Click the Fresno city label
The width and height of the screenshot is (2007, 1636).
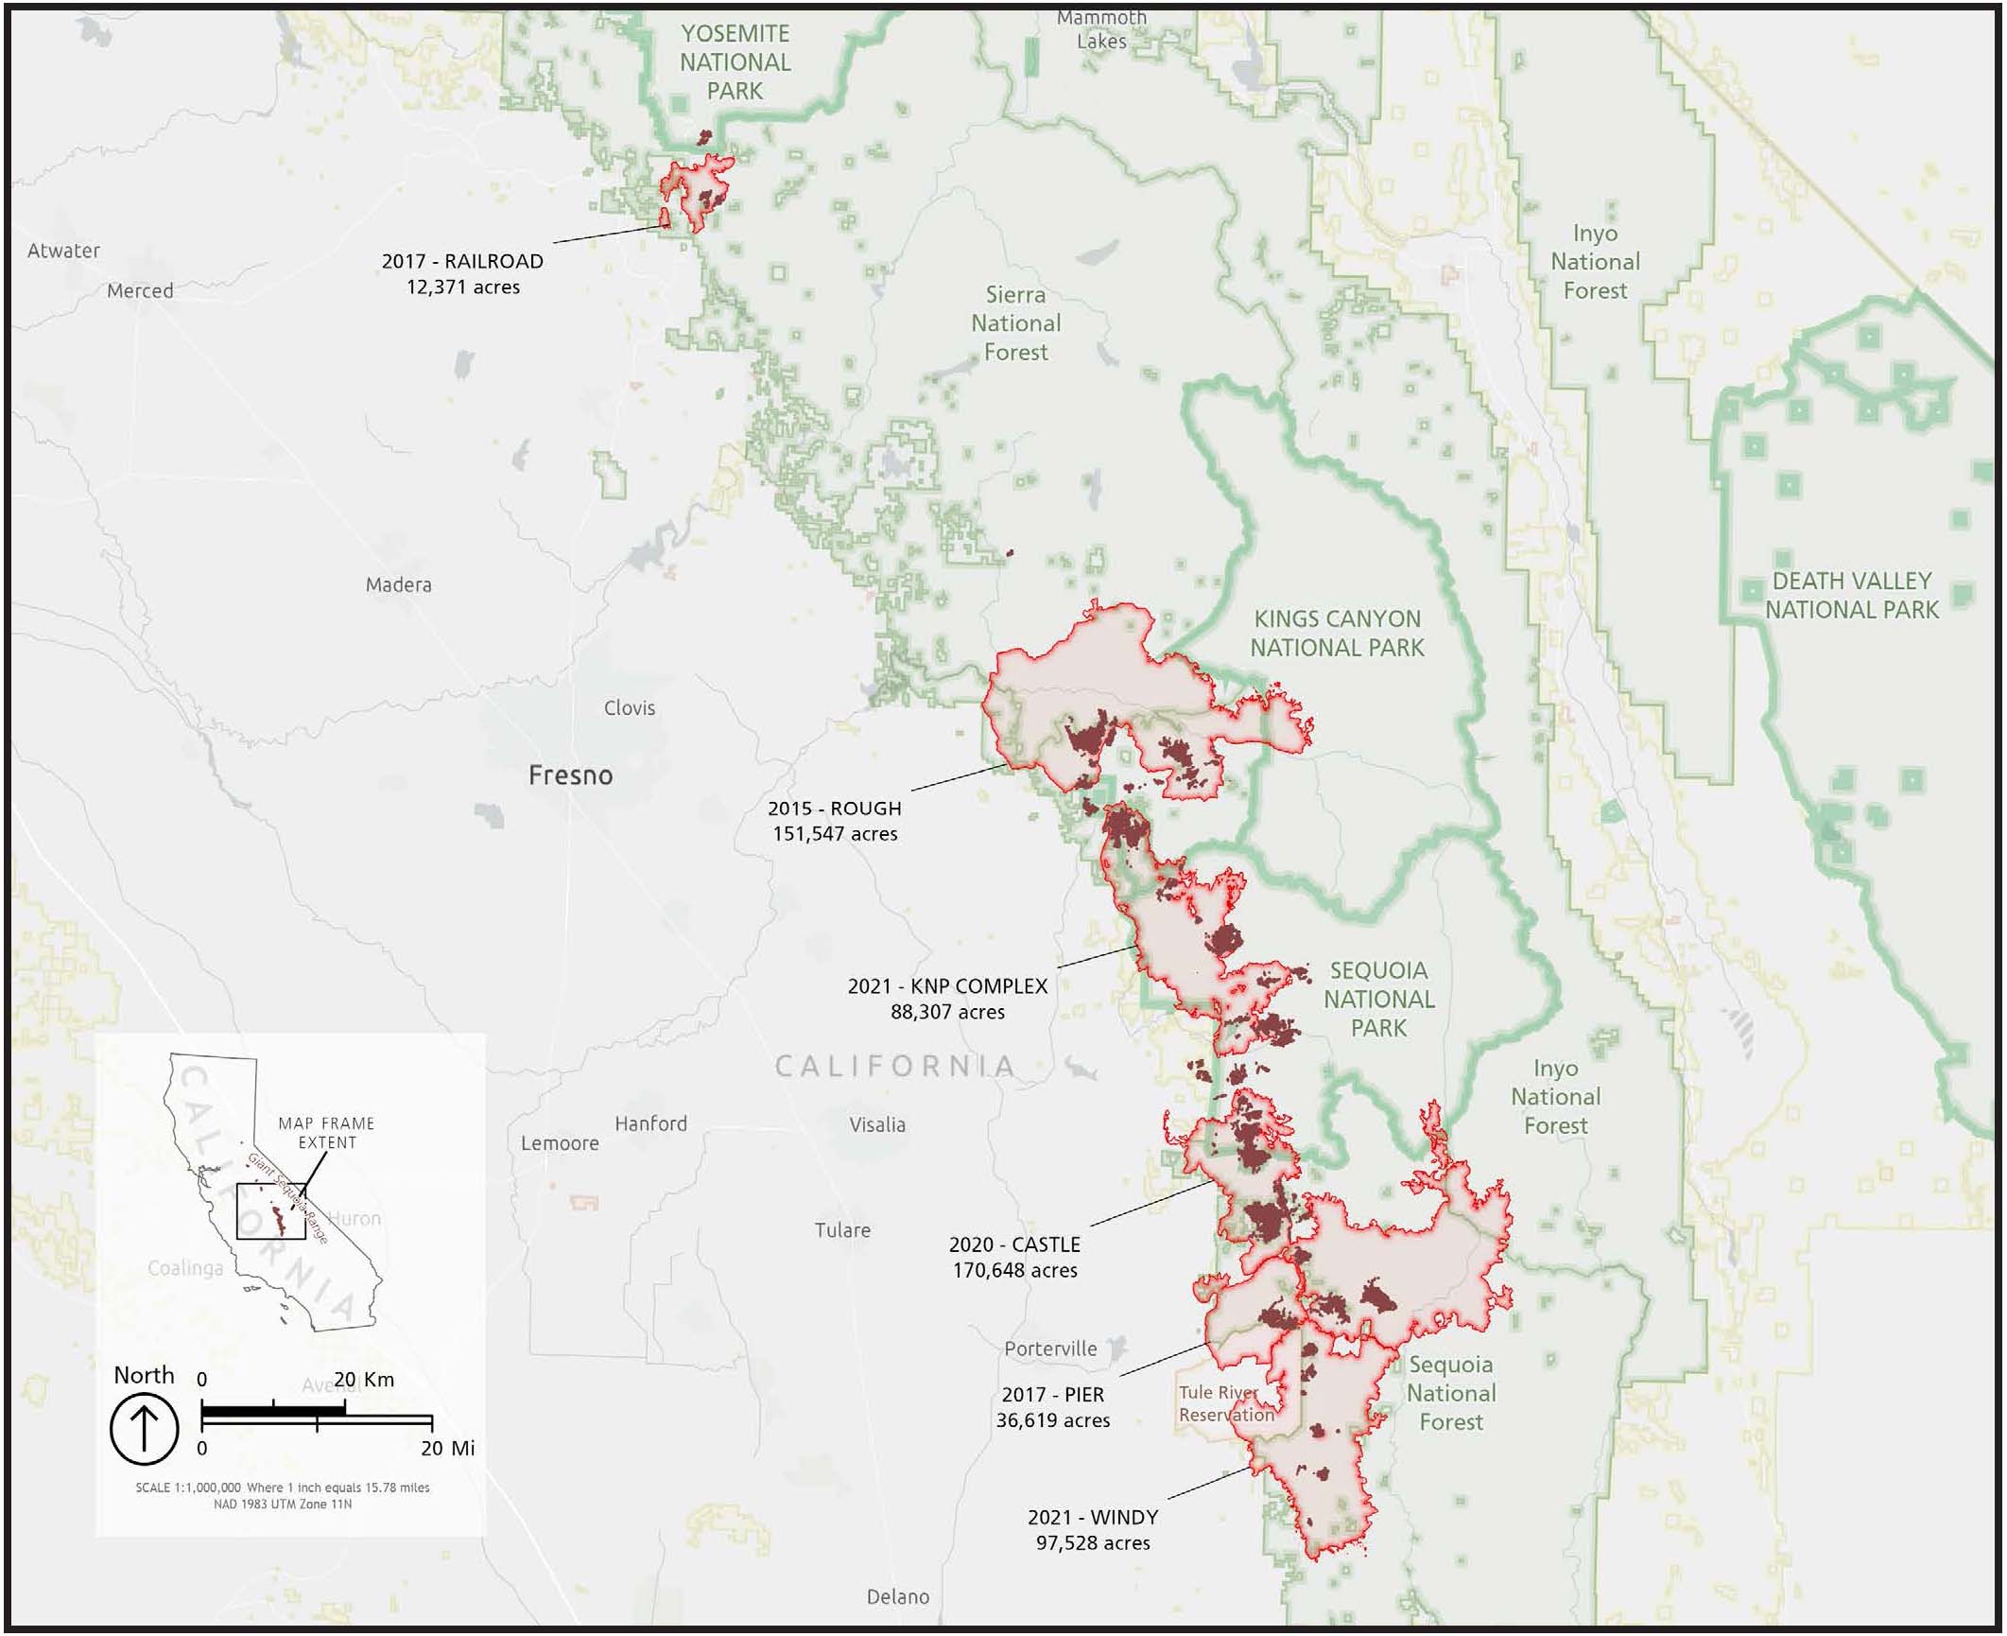click(x=570, y=775)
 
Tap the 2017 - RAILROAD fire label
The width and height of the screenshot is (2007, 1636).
click(x=462, y=261)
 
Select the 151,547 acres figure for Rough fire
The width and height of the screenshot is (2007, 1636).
click(x=835, y=834)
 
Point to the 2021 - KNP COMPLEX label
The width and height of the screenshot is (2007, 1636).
click(x=947, y=986)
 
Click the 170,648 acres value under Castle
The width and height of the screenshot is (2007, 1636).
click(x=1014, y=1271)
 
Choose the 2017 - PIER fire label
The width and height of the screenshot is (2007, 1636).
click(x=1052, y=1395)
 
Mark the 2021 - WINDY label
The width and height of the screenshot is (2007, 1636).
click(x=1092, y=1518)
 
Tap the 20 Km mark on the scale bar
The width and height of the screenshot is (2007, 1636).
click(x=364, y=1380)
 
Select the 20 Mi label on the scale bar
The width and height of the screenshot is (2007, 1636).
click(x=447, y=1449)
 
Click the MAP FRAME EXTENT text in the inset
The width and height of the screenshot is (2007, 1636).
click(x=326, y=1133)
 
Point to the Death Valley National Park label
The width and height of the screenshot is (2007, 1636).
click(x=1851, y=596)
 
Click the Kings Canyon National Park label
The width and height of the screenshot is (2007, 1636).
click(x=1337, y=634)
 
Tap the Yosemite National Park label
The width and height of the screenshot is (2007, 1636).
click(x=735, y=62)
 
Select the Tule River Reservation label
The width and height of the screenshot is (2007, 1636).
click(x=1226, y=1404)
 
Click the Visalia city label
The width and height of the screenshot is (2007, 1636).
click(x=876, y=1125)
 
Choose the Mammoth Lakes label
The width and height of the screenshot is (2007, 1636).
click(x=1101, y=30)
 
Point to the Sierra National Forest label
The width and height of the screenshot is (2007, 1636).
click(x=1015, y=323)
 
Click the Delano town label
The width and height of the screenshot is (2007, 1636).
click(x=897, y=1597)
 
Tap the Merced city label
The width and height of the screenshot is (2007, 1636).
click(x=140, y=291)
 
